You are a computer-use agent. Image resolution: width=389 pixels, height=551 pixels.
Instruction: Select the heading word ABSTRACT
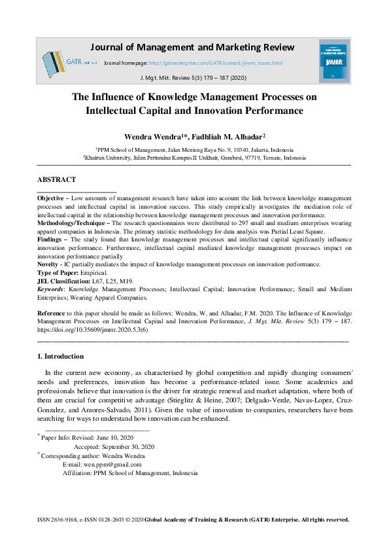click(57, 179)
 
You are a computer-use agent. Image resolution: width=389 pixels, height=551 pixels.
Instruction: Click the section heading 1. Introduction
click(60, 357)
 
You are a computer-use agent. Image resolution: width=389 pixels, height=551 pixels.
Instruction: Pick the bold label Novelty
click(49, 264)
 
